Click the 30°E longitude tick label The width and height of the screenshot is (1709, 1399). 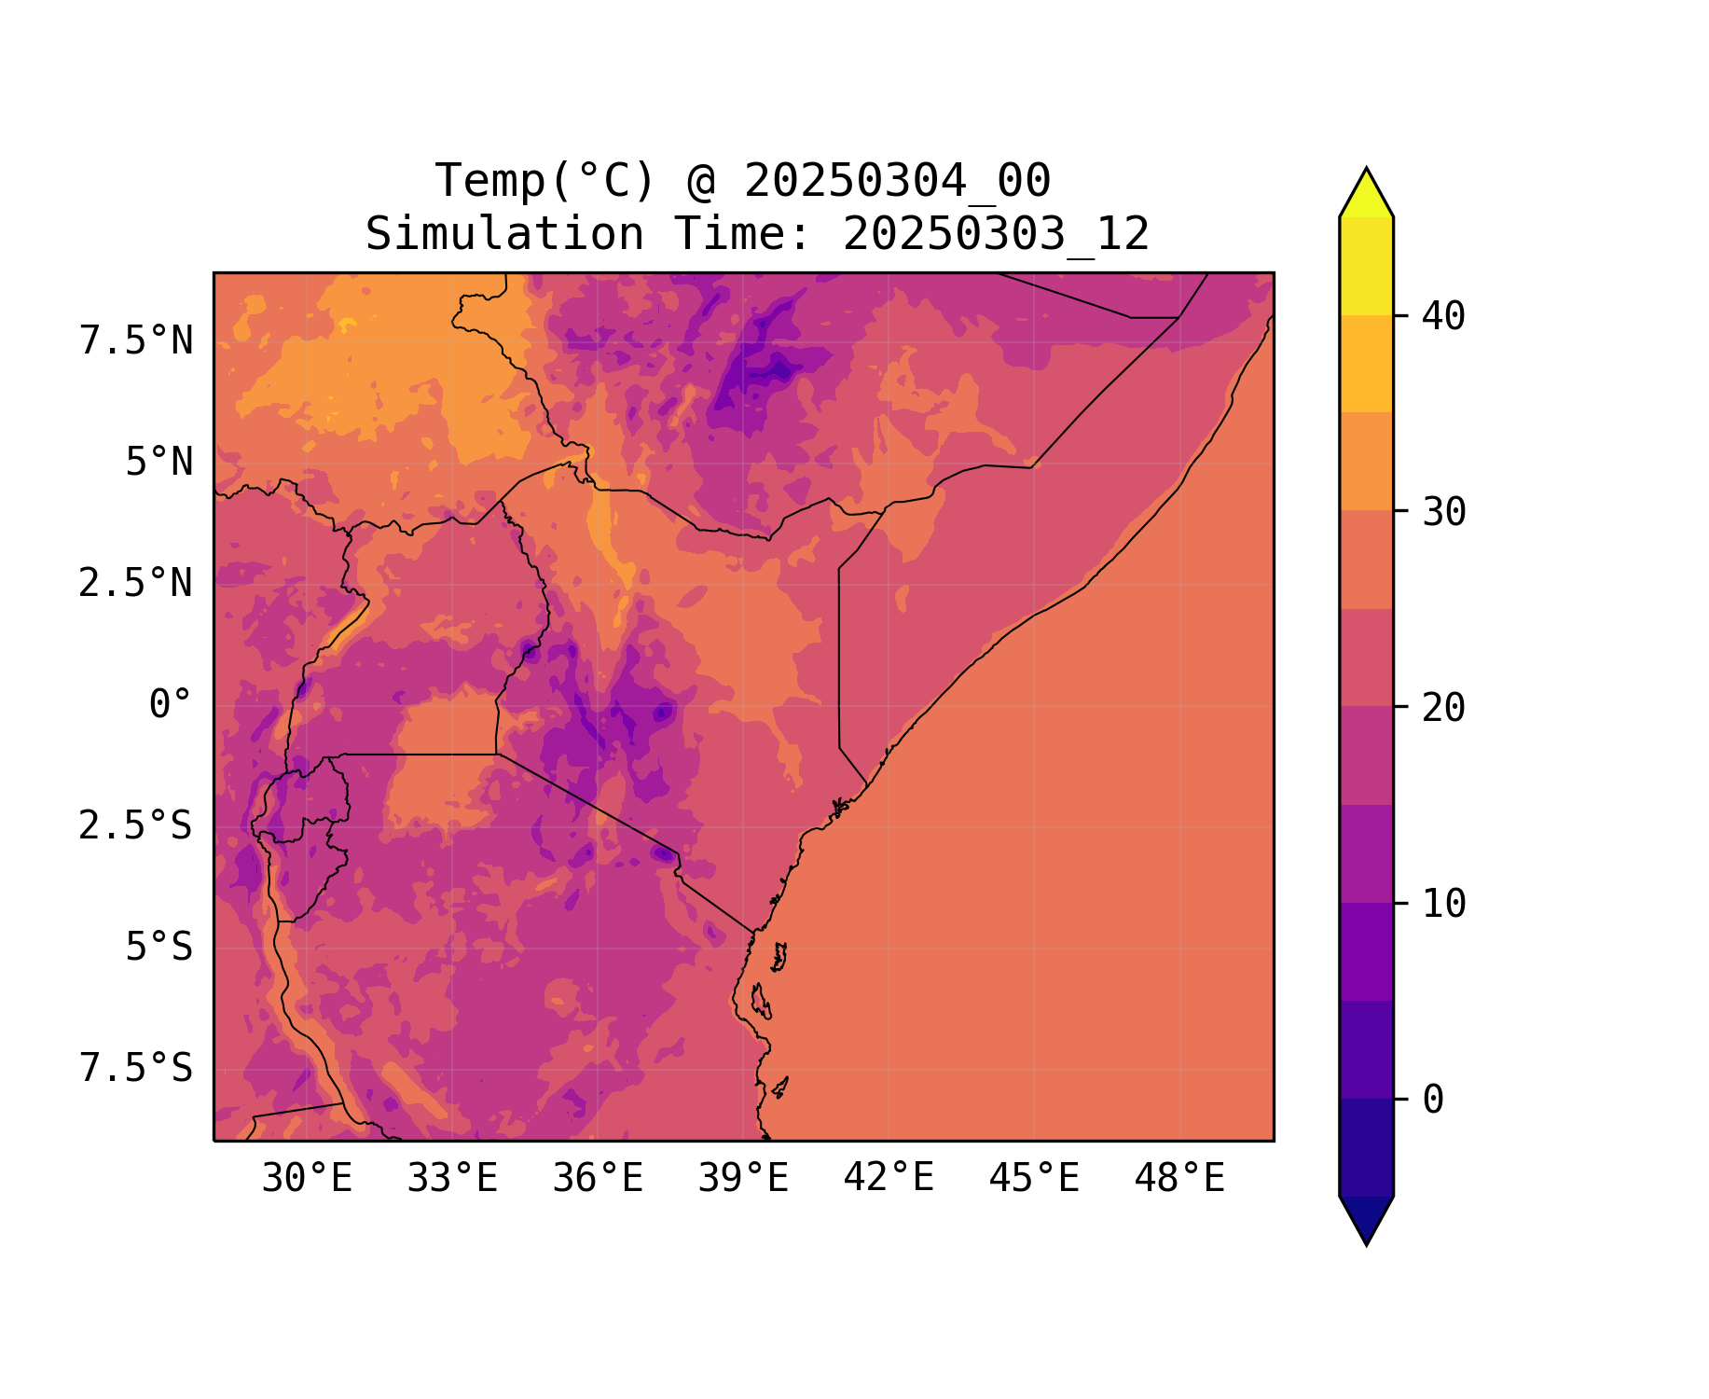click(307, 1179)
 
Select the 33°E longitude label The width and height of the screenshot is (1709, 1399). click(452, 1179)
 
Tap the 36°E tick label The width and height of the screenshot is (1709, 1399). click(598, 1179)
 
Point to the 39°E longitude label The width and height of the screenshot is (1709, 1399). click(743, 1179)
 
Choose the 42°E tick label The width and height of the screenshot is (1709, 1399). click(889, 1178)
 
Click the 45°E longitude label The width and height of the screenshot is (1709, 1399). click(1034, 1179)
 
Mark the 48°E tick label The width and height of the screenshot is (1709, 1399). click(1179, 1179)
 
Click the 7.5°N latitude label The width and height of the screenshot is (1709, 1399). click(136, 341)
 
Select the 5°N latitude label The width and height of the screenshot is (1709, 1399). click(159, 463)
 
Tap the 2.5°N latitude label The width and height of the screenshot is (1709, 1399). click(136, 584)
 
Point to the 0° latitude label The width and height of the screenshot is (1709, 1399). click(171, 705)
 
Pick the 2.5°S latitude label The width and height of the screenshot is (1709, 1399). click(136, 825)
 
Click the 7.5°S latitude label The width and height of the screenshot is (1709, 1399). click(136, 1068)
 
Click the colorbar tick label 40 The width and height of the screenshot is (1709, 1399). click(1443, 316)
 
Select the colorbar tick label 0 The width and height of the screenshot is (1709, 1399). click(1433, 1100)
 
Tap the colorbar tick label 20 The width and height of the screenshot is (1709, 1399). click(1443, 708)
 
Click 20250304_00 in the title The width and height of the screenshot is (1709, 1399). click(897, 181)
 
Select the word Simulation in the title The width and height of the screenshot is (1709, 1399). click(504, 234)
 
